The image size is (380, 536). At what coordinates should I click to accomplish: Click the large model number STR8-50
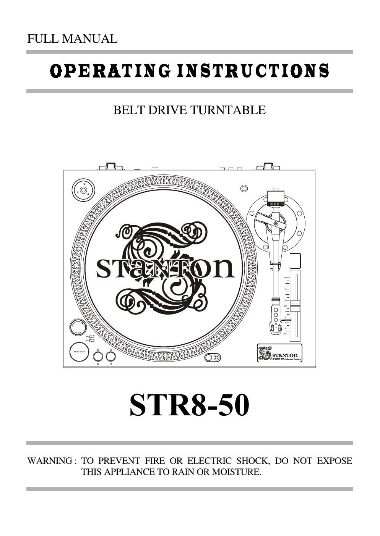[x=189, y=405]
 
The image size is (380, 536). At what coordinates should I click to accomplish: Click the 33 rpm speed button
[x=98, y=357]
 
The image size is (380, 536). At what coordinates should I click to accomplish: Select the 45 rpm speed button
[x=110, y=357]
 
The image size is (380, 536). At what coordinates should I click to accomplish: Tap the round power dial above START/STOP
[x=78, y=327]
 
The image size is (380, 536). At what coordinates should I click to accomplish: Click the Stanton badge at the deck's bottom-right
[x=279, y=353]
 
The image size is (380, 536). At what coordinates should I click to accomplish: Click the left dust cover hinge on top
[x=110, y=167]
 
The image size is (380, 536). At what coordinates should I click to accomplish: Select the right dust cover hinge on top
[x=268, y=167]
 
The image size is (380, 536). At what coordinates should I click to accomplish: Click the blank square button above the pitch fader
[x=295, y=261]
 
